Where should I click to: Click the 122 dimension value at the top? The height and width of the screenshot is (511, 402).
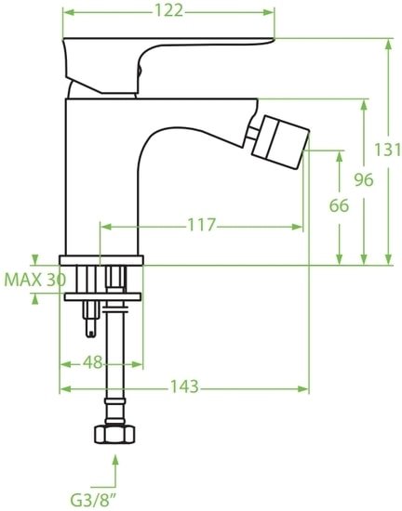[168, 10]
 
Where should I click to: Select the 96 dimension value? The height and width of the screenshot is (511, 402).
[363, 179]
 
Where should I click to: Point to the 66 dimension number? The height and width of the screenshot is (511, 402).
[340, 206]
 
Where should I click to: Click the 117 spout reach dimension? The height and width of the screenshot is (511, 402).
[201, 225]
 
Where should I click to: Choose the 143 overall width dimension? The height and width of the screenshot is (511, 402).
[183, 387]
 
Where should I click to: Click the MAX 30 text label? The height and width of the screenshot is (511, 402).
[34, 279]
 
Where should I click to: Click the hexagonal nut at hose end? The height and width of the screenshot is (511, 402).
[115, 435]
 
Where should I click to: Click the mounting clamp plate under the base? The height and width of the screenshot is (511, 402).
[101, 296]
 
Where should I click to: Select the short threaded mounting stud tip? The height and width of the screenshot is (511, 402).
[91, 325]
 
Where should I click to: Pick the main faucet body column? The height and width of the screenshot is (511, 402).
[102, 177]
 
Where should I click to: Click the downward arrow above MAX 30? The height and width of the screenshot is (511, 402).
[34, 259]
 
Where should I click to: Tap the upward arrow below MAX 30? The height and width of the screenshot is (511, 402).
[34, 298]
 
